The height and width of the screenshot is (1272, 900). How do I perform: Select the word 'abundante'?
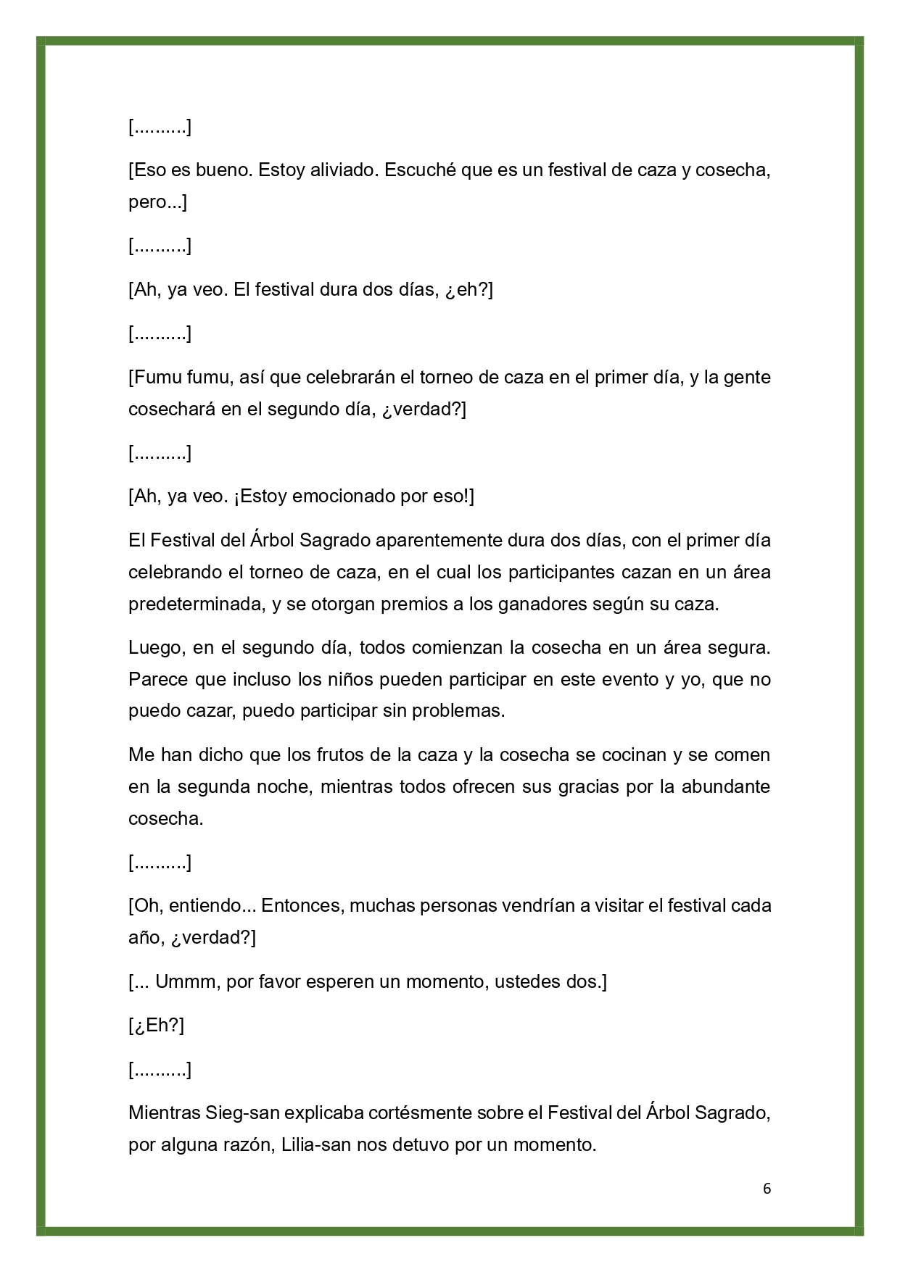pyautogui.click(x=725, y=786)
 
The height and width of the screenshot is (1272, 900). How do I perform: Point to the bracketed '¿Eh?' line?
pyautogui.click(x=157, y=1026)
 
